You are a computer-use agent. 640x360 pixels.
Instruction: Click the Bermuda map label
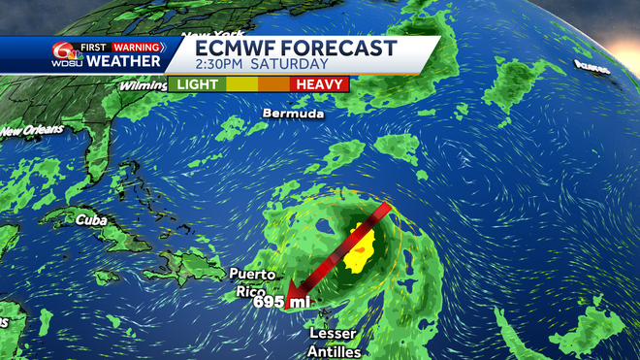(x=291, y=114)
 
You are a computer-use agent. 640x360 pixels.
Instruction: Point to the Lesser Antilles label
(x=335, y=342)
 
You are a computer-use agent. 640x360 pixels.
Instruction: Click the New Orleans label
(x=28, y=130)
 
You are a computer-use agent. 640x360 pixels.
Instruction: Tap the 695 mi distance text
(x=282, y=303)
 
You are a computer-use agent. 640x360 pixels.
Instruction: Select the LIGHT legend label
(x=197, y=84)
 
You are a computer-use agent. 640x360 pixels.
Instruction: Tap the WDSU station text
(x=63, y=63)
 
